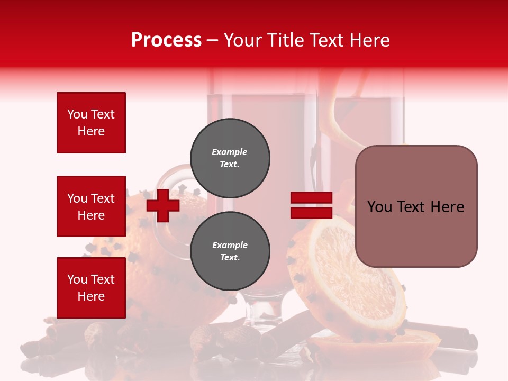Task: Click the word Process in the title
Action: [x=166, y=40]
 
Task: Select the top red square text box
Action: [x=91, y=123]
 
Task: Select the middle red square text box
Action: [x=91, y=206]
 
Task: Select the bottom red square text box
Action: [x=91, y=288]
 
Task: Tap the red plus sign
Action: [x=163, y=205]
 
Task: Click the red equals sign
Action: [x=311, y=205]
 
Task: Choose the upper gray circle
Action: [x=230, y=158]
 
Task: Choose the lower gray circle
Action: [x=230, y=251]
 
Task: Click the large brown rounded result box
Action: [x=416, y=206]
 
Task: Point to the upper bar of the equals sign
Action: [x=311, y=198]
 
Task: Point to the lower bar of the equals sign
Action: [x=311, y=213]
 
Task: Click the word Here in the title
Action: [x=369, y=40]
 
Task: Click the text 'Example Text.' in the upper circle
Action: [x=230, y=158]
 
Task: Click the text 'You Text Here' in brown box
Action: [x=416, y=207]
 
